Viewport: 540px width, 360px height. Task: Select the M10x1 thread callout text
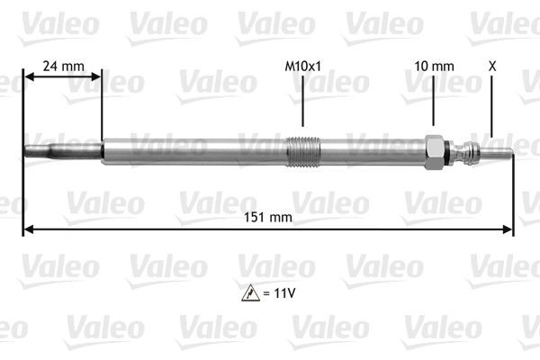point(302,66)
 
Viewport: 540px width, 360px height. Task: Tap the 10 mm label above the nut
point(433,66)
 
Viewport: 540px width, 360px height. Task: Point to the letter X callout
point(491,66)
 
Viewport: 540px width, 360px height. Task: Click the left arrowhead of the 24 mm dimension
point(28,77)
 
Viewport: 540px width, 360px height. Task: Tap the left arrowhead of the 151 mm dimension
point(28,229)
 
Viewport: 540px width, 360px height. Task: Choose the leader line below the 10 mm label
point(433,101)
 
